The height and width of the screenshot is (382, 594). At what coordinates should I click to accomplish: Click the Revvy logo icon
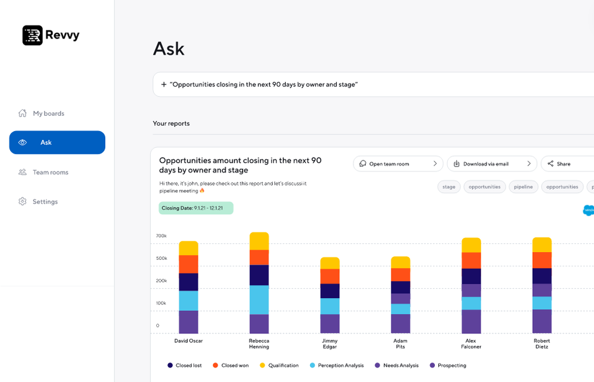click(33, 36)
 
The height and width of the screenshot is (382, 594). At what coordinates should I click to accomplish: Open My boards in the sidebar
click(48, 113)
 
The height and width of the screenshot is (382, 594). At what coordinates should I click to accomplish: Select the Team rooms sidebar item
click(50, 172)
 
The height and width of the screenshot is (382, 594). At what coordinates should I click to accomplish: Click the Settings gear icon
click(23, 202)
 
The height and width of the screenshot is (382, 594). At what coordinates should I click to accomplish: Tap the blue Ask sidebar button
click(57, 142)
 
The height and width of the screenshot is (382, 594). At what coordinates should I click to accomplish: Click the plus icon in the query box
click(163, 85)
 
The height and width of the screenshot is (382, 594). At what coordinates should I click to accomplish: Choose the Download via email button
click(492, 164)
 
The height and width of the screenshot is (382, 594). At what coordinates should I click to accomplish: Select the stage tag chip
click(449, 187)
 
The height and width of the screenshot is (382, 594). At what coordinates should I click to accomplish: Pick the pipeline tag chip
click(523, 187)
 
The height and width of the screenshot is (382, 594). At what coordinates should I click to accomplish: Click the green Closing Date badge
click(196, 208)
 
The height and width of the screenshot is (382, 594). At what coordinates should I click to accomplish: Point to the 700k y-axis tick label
click(161, 236)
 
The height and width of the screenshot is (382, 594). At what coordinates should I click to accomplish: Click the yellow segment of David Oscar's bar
click(188, 248)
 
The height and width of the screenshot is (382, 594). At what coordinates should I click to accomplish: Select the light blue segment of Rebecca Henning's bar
click(259, 300)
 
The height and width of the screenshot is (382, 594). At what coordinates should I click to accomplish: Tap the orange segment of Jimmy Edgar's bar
click(330, 276)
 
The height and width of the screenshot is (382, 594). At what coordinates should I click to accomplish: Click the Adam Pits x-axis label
click(400, 343)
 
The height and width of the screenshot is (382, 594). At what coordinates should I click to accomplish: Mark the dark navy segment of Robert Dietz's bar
click(542, 276)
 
